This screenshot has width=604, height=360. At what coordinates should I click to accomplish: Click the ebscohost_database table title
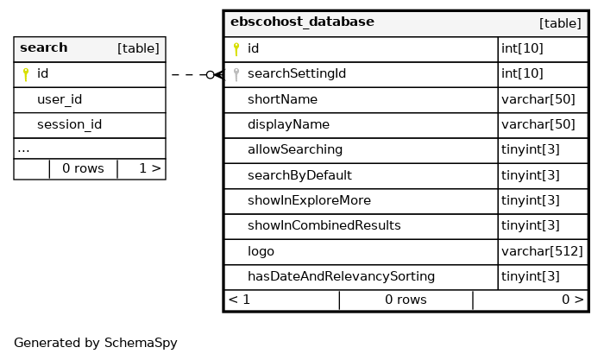point(302,22)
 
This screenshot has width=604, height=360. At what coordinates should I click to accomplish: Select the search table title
point(43,47)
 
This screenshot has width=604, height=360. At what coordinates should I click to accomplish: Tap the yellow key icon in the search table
point(26,74)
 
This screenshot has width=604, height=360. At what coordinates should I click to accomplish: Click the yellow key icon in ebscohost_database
point(236,49)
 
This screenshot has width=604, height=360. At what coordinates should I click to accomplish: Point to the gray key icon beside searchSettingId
point(236,74)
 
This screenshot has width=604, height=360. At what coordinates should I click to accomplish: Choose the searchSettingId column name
point(297,73)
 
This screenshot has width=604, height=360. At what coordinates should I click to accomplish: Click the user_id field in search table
point(60,99)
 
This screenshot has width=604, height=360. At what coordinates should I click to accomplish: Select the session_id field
point(69,124)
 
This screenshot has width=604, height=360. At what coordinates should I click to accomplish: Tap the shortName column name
point(282,99)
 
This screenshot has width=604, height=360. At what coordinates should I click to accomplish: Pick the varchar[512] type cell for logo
point(542,251)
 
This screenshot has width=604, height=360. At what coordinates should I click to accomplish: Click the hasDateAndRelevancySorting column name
point(341,276)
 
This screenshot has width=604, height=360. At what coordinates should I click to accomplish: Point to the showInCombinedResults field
point(324,225)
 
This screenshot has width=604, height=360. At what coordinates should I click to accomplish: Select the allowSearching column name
point(295,149)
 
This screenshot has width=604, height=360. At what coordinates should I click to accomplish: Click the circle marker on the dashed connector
point(210,75)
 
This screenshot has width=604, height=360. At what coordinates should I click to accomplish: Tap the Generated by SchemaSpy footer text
point(96,343)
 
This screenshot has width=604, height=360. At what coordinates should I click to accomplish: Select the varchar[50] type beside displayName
point(538,124)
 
